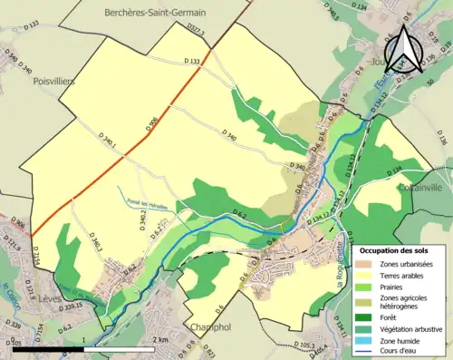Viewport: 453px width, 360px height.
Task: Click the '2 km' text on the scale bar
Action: point(160,339)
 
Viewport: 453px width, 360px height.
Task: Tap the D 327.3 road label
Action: point(196,34)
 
